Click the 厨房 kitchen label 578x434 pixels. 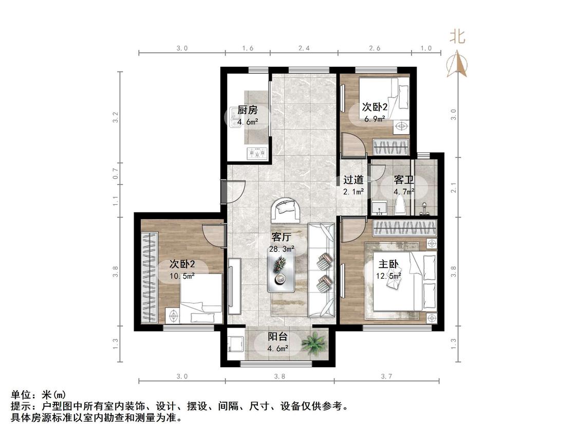click(x=247, y=110)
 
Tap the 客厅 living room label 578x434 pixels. click(x=281, y=237)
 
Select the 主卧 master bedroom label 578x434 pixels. click(x=388, y=264)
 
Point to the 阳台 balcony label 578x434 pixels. click(x=277, y=337)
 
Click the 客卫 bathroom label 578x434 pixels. click(x=404, y=180)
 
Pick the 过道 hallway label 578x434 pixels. click(x=353, y=180)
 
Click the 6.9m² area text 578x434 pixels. click(x=375, y=119)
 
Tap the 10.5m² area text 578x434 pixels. click(x=182, y=276)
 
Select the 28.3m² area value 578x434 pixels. click(x=282, y=249)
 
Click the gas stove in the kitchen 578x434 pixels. click(x=256, y=152)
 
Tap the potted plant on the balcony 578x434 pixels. click(x=314, y=343)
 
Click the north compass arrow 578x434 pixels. click(x=457, y=64)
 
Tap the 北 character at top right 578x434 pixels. click(x=457, y=36)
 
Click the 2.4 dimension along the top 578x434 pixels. click(x=304, y=48)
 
